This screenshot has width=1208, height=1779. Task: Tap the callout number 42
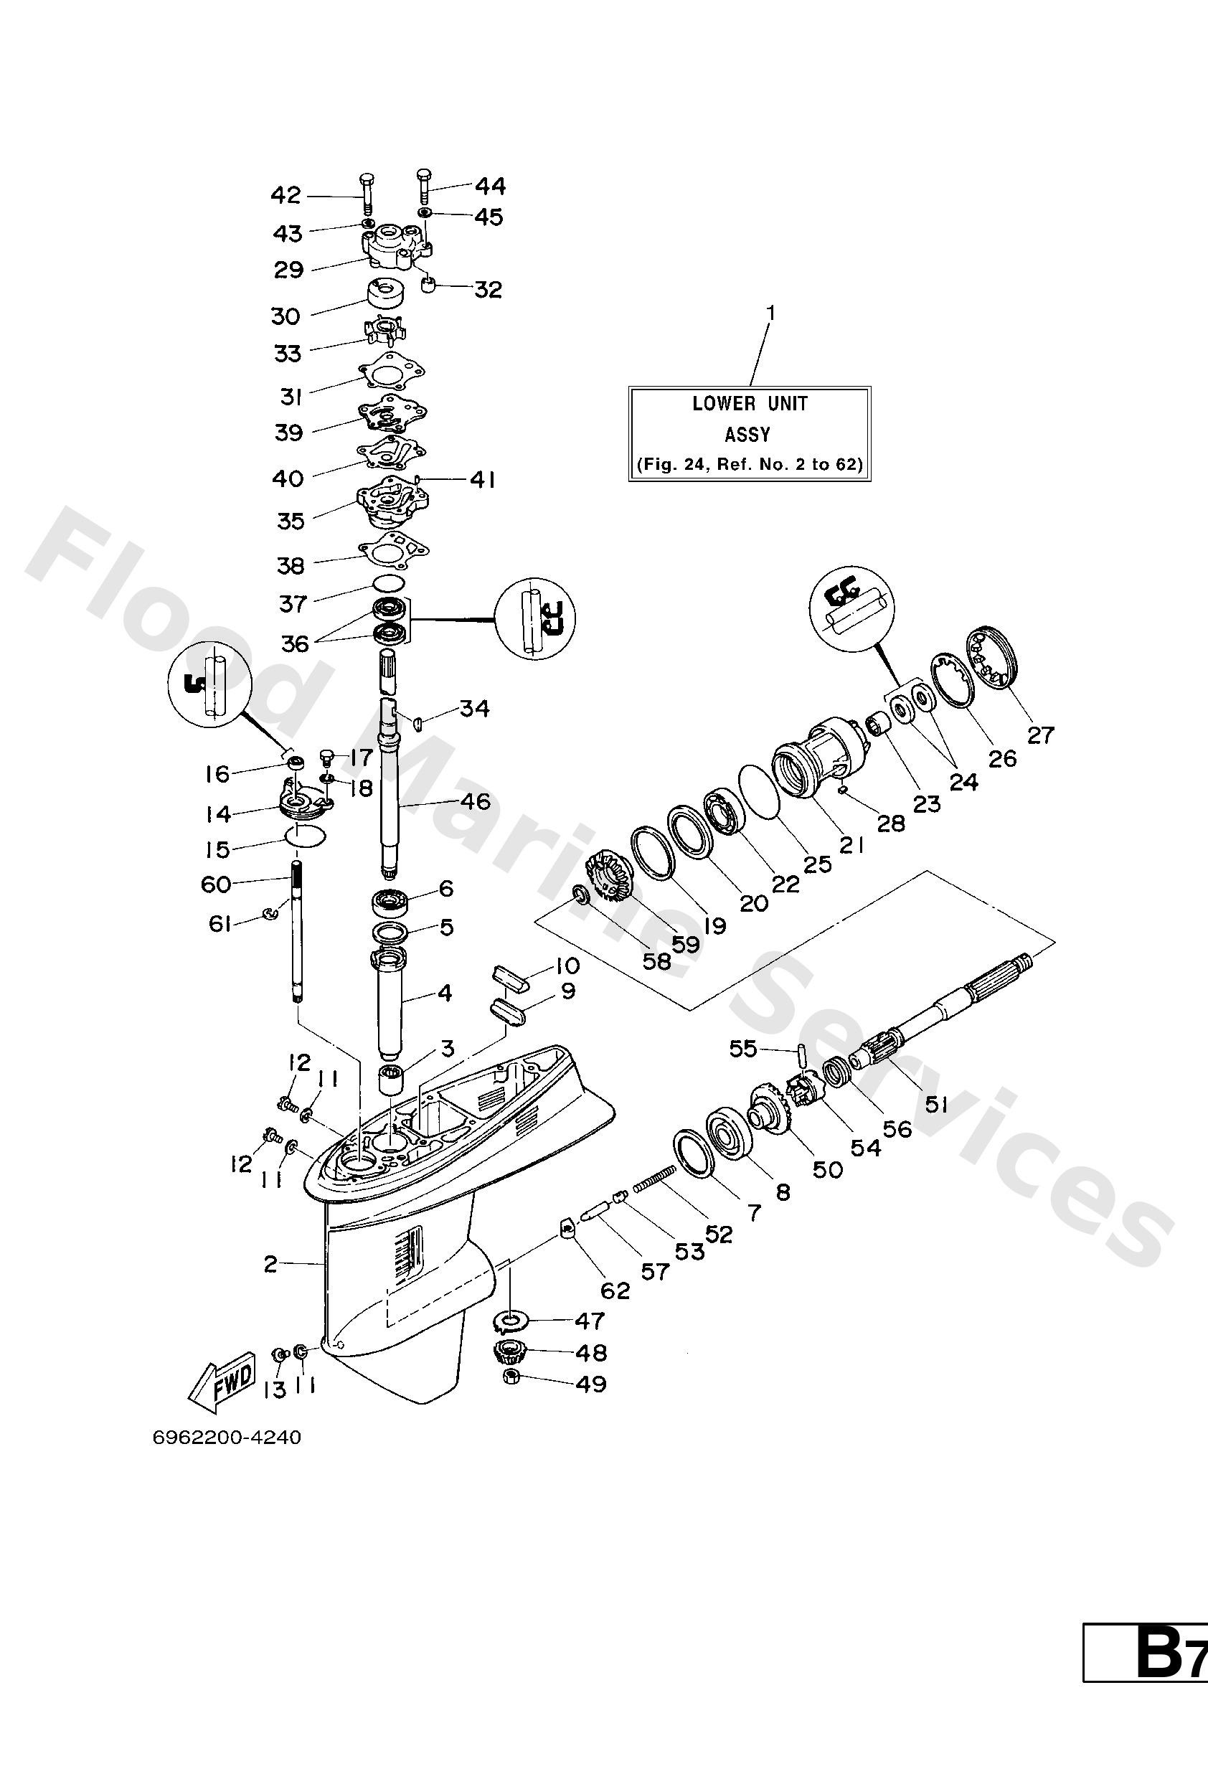tap(286, 196)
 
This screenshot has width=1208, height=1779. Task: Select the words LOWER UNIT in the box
tap(750, 403)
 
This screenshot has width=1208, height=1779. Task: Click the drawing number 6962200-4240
tap(227, 1438)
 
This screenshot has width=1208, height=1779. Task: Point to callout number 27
tap(1040, 735)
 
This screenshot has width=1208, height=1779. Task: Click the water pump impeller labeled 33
tap(384, 333)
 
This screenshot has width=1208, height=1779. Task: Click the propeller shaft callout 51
tap(936, 1104)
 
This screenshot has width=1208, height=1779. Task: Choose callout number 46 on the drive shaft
tap(475, 801)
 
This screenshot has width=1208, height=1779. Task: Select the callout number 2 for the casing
tap(270, 1264)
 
